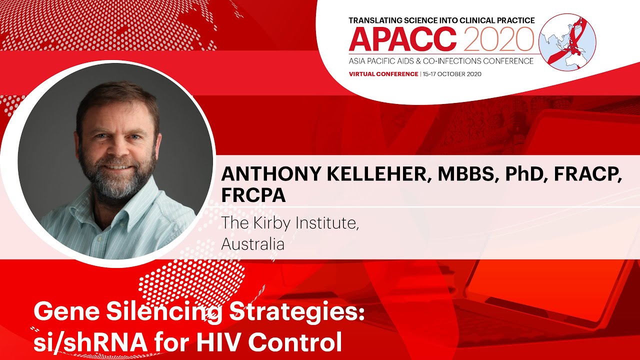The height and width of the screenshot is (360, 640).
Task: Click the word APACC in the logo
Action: [x=403, y=39]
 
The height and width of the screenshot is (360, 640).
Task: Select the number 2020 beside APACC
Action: [x=498, y=39]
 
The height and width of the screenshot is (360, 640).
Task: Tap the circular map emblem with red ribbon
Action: [x=567, y=42]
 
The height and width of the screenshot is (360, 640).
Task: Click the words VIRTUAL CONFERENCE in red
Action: [x=383, y=74]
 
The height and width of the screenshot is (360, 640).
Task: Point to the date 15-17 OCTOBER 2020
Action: [x=451, y=74]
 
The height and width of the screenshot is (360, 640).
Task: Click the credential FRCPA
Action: [x=253, y=195]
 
